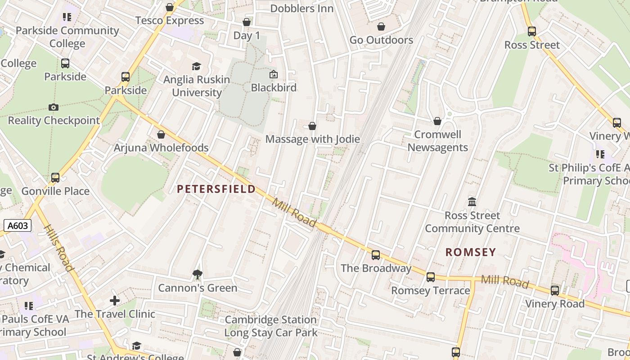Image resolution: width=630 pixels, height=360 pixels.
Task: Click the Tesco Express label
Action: click(170, 21)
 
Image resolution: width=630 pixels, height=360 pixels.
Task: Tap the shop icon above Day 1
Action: click(247, 22)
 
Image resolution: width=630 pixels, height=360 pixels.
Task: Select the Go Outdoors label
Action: click(381, 40)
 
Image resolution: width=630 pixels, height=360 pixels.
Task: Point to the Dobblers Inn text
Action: click(302, 9)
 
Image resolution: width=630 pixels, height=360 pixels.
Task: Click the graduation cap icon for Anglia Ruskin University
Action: click(196, 67)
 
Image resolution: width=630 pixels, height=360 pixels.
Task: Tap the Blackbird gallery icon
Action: click(273, 74)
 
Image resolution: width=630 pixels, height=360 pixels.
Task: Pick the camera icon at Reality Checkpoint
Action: click(54, 107)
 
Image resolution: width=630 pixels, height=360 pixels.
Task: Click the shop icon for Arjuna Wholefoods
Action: click(161, 135)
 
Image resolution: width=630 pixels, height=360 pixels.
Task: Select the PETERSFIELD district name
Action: click(216, 189)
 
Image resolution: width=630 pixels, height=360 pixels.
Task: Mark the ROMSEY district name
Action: click(471, 252)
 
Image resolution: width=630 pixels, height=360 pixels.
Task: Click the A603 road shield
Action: click(18, 225)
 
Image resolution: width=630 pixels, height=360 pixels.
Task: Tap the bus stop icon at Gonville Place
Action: click(55, 178)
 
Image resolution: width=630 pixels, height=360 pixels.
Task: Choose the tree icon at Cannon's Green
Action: click(197, 274)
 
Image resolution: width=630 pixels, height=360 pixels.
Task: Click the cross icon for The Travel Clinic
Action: click(115, 300)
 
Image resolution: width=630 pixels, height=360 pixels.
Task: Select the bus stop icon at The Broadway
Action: click(376, 255)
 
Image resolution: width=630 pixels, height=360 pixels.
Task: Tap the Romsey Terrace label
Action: click(430, 291)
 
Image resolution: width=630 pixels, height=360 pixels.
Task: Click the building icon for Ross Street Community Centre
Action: click(472, 202)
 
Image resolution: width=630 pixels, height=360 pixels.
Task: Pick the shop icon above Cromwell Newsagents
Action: click(437, 121)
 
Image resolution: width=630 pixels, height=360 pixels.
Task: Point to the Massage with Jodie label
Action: click(312, 139)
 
